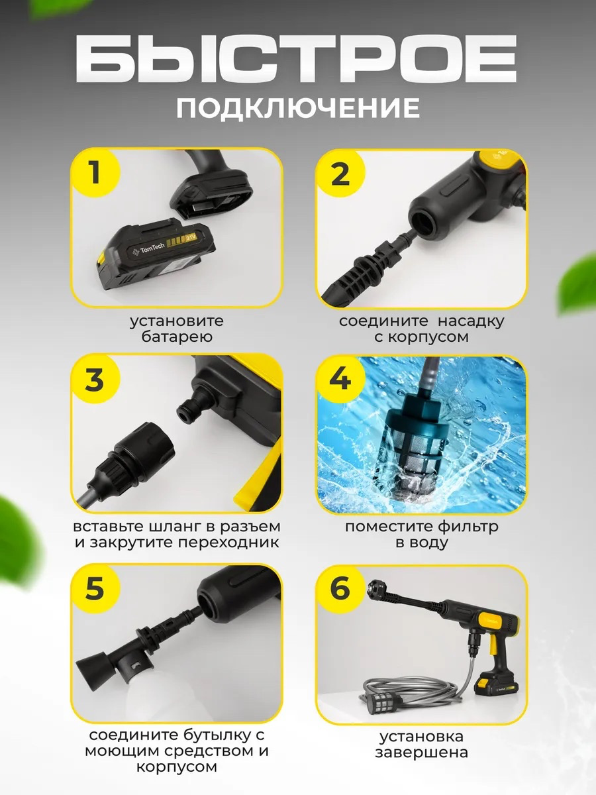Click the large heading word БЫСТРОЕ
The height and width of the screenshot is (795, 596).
click(x=295, y=59)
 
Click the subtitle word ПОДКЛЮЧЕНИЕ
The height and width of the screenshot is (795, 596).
click(x=298, y=107)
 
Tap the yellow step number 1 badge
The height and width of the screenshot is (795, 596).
click(x=95, y=172)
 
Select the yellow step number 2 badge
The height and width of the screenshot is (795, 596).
click(x=340, y=174)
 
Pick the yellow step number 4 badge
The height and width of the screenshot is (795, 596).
click(x=340, y=380)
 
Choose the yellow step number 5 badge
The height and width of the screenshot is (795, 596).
click(x=95, y=588)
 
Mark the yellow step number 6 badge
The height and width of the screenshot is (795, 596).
click(x=340, y=589)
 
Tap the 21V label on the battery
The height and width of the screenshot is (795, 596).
click(x=191, y=238)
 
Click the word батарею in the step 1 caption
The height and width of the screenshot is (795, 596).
click(x=177, y=337)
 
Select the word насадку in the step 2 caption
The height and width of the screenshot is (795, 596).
click(x=471, y=321)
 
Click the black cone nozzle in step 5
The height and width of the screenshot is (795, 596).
click(x=95, y=667)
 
